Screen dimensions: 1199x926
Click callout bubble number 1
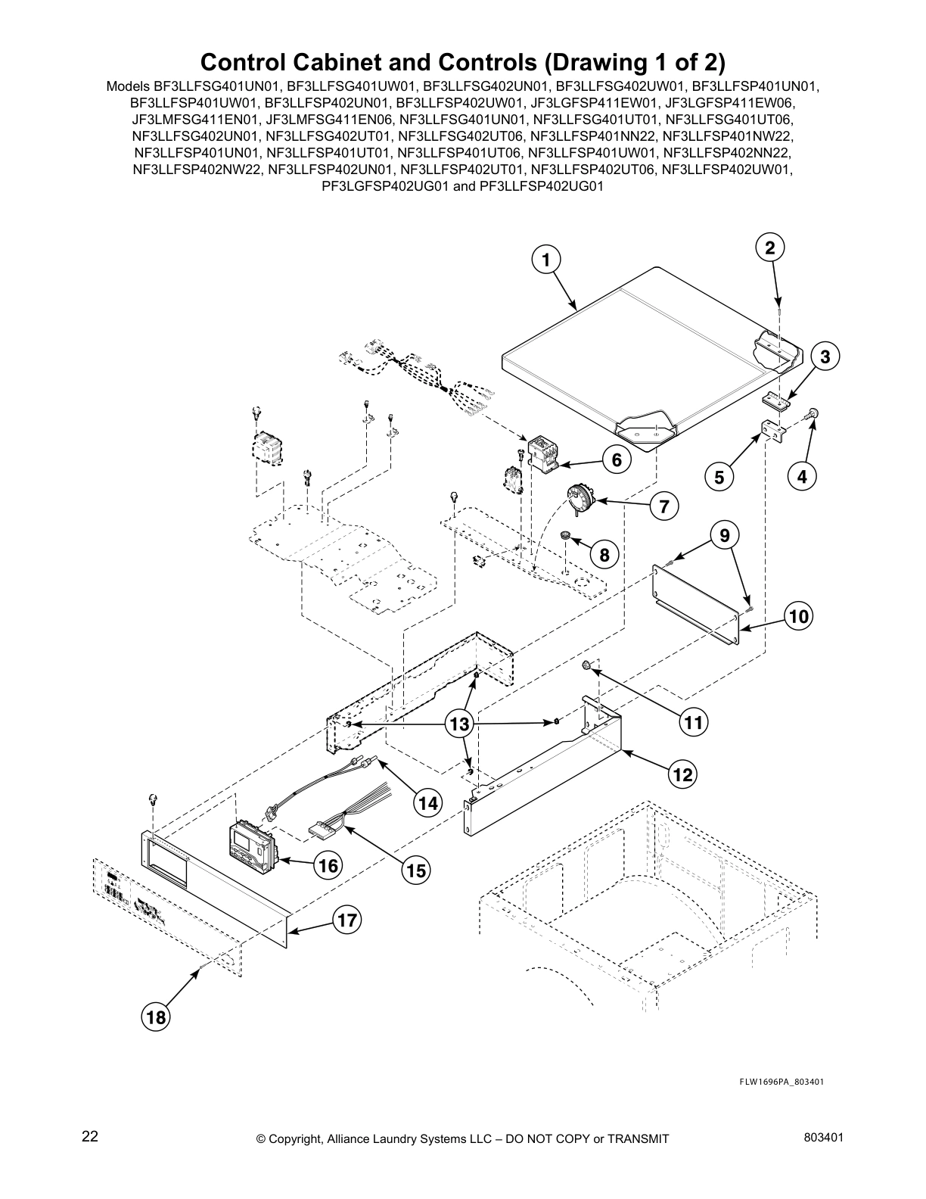point(545,260)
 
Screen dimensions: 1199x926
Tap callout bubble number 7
point(663,506)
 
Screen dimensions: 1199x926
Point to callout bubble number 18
point(156,1017)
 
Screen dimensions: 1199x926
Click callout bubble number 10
point(798,617)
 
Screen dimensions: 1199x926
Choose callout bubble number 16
point(328,864)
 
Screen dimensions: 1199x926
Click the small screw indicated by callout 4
point(813,413)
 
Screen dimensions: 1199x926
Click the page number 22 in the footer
point(90,1136)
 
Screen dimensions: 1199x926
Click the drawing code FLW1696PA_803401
point(781,1081)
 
